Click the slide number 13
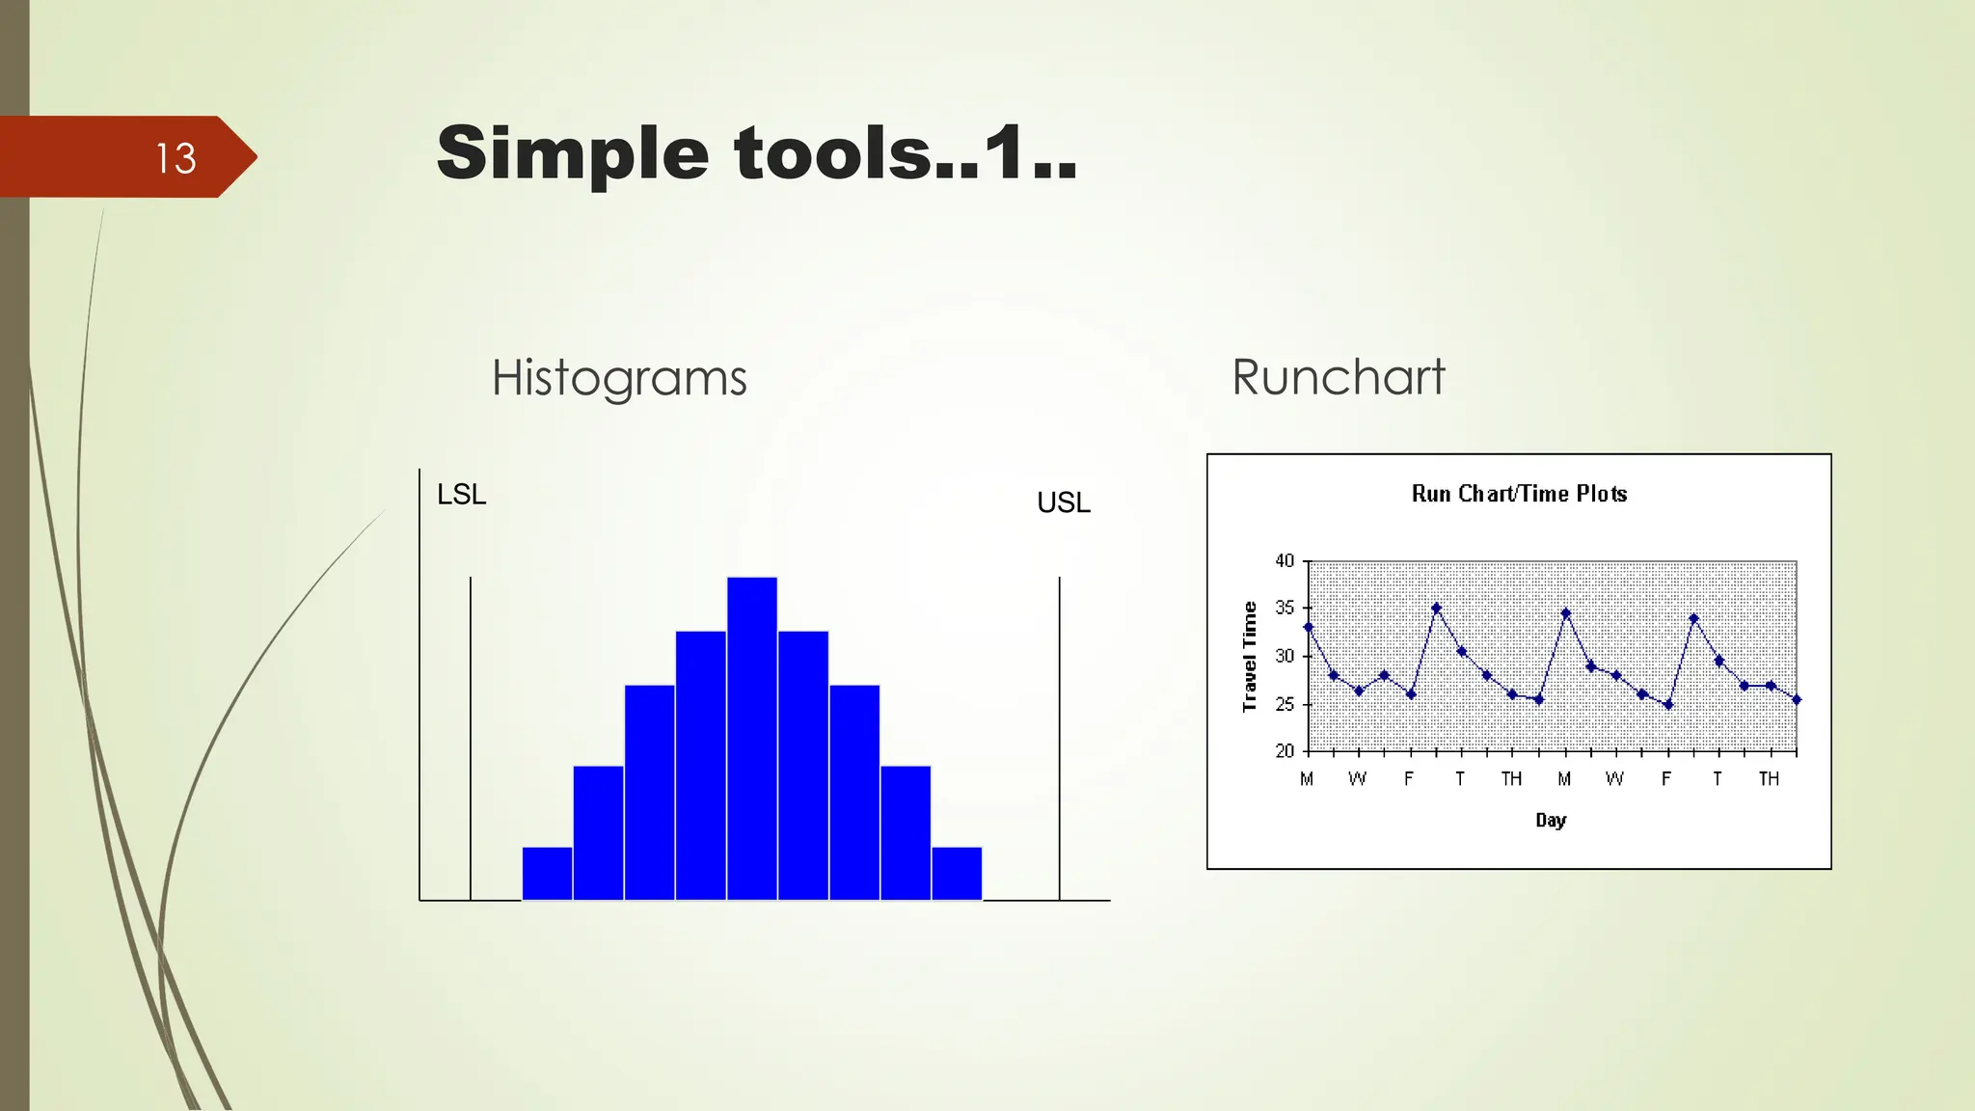(176, 158)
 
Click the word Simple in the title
(572, 154)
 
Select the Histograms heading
(619, 378)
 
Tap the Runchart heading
(1338, 377)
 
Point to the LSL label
(461, 495)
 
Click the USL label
(1063, 502)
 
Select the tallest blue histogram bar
(752, 738)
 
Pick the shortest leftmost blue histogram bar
(547, 874)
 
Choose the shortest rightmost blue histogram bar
(957, 874)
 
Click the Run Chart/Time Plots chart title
(1519, 494)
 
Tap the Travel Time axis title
(1250, 657)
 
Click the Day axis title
(1551, 820)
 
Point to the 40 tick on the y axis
(1285, 561)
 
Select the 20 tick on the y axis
(1285, 750)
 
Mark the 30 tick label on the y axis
(1285, 656)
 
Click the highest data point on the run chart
(1436, 609)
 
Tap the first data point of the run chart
(1309, 627)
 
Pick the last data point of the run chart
(1796, 700)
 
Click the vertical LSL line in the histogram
(471, 738)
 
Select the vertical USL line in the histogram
(1059, 738)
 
